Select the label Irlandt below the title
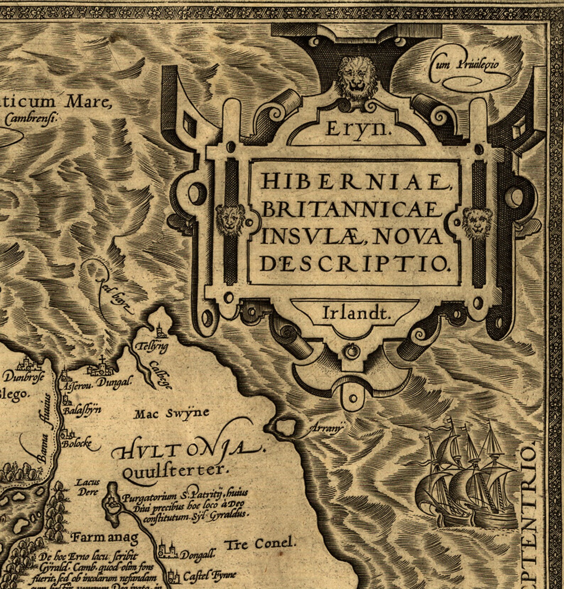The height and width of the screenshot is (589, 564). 356,313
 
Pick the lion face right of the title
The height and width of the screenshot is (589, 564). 478,223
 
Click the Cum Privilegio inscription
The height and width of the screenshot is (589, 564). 465,65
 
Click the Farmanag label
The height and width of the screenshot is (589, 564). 104,538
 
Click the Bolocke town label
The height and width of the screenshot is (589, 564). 77,444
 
